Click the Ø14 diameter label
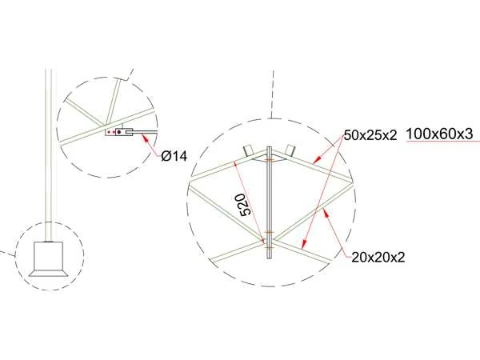point(174,157)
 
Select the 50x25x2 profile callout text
point(370,135)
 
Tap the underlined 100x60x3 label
point(439,134)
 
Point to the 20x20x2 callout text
point(378,258)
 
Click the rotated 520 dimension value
point(246,205)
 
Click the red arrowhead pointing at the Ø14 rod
point(146,138)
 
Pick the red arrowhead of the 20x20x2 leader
point(326,213)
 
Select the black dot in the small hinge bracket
point(118,132)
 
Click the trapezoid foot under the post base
point(48,273)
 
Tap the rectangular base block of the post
point(48,256)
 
